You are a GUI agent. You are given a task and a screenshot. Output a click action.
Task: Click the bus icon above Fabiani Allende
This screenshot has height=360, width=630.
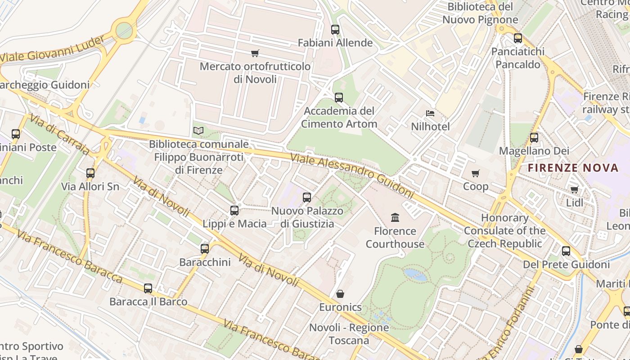click(335, 30)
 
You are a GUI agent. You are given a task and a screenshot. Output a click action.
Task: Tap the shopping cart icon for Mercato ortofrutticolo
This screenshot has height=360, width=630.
click(255, 54)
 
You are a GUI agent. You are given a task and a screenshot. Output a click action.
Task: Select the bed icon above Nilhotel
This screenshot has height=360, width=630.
click(430, 113)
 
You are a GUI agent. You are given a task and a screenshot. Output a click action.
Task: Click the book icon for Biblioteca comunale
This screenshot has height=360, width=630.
click(198, 131)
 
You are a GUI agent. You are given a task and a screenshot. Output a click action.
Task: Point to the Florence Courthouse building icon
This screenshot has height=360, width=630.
click(395, 218)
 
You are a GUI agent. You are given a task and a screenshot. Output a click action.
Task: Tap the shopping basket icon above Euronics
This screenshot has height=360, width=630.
click(340, 294)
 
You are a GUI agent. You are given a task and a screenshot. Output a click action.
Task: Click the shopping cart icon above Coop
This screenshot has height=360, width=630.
click(476, 173)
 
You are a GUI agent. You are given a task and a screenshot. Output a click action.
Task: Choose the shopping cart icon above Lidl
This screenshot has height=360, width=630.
click(574, 190)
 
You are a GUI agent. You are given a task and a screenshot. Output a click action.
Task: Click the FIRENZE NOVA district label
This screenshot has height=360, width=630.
click(573, 168)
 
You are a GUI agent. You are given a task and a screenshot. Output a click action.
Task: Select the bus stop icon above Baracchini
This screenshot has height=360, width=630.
click(205, 249)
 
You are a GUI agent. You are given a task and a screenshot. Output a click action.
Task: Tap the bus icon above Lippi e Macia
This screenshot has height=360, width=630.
click(234, 211)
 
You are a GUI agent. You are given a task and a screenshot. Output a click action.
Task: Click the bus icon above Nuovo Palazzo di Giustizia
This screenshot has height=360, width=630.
click(307, 197)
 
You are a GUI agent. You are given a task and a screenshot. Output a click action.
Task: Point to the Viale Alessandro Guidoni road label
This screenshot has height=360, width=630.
click(351, 176)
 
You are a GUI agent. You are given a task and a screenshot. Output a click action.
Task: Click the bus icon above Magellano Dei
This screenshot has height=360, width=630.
click(534, 138)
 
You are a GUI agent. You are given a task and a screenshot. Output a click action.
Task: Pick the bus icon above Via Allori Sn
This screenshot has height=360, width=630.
click(90, 173)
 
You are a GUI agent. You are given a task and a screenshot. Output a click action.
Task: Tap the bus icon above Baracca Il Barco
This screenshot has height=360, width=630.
click(148, 288)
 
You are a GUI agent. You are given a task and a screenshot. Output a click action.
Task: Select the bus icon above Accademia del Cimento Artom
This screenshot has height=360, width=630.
click(339, 98)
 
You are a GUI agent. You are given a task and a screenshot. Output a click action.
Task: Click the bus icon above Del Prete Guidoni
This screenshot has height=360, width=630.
click(566, 251)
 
